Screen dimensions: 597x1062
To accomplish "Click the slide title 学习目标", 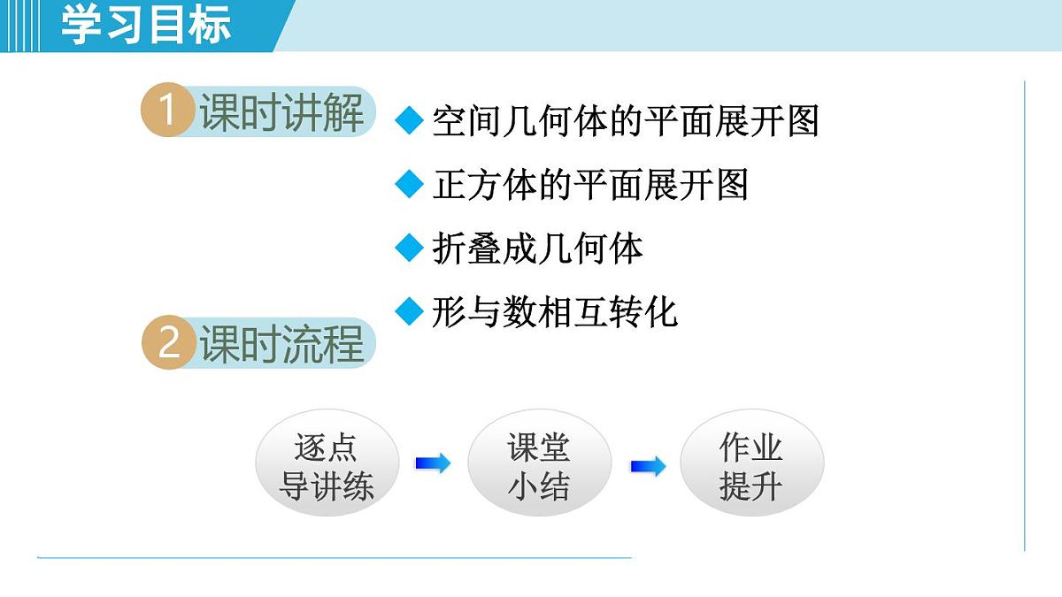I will tap(146, 25).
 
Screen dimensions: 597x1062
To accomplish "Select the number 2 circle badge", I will tap(168, 344).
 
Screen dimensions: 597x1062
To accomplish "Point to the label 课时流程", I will tap(281, 344).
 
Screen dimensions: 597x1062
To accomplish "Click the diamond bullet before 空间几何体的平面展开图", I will tap(409, 121).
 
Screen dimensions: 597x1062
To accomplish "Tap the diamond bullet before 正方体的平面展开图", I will tap(409, 184).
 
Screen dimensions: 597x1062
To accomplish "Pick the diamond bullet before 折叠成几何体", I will tap(409, 249).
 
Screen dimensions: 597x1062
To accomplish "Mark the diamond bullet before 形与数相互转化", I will tap(409, 311).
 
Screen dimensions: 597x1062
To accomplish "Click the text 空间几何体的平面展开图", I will tap(625, 121).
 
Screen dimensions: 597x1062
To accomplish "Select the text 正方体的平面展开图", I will tap(590, 185).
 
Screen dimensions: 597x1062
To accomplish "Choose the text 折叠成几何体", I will tap(537, 249).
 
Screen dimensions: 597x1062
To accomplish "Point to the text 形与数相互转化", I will tap(555, 312).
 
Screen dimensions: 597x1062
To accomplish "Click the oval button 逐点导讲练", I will tap(327, 466).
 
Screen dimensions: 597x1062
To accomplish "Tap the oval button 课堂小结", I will tap(539, 466).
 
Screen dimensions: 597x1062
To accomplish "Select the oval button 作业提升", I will tap(751, 466).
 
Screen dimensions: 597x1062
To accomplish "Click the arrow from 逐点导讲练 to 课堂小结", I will tap(433, 463).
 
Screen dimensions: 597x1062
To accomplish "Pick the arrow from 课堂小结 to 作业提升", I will tap(648, 466).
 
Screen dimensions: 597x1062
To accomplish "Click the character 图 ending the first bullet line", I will tap(801, 121).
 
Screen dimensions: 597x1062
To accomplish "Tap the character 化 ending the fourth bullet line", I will tap(661, 312).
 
